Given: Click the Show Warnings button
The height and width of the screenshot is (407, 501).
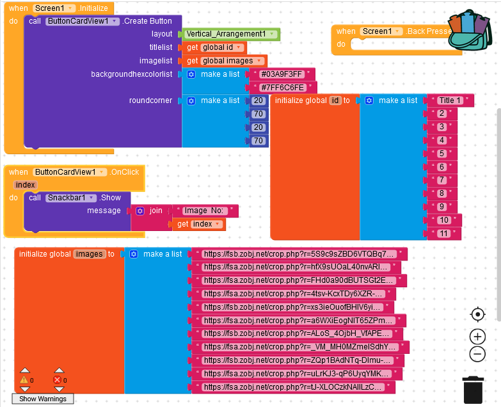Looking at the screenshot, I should click(x=43, y=399).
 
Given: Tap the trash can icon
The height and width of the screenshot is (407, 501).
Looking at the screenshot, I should click(x=473, y=389).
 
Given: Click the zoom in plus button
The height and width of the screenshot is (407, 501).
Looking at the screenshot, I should click(x=477, y=337).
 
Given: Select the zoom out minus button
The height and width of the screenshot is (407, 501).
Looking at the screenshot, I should click(x=477, y=353).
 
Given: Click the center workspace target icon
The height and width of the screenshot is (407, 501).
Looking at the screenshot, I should click(x=477, y=314).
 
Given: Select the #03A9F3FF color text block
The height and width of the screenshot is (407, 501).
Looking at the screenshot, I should click(x=282, y=74).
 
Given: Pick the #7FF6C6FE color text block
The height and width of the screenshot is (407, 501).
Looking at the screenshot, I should click(x=282, y=88).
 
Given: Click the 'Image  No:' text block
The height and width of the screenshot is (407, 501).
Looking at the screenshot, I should click(x=205, y=211).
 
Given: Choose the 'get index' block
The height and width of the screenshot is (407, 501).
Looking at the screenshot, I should click(x=199, y=224).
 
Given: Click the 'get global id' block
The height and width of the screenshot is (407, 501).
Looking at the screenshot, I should click(x=214, y=47).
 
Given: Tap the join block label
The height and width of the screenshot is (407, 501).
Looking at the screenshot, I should click(x=155, y=211).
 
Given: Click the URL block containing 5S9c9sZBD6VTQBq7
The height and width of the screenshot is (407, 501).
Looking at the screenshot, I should click(x=299, y=254).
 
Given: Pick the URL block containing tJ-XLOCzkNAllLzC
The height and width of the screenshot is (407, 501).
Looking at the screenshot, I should click(x=294, y=387).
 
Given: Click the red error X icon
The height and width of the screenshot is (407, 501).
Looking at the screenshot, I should click(x=58, y=380).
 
